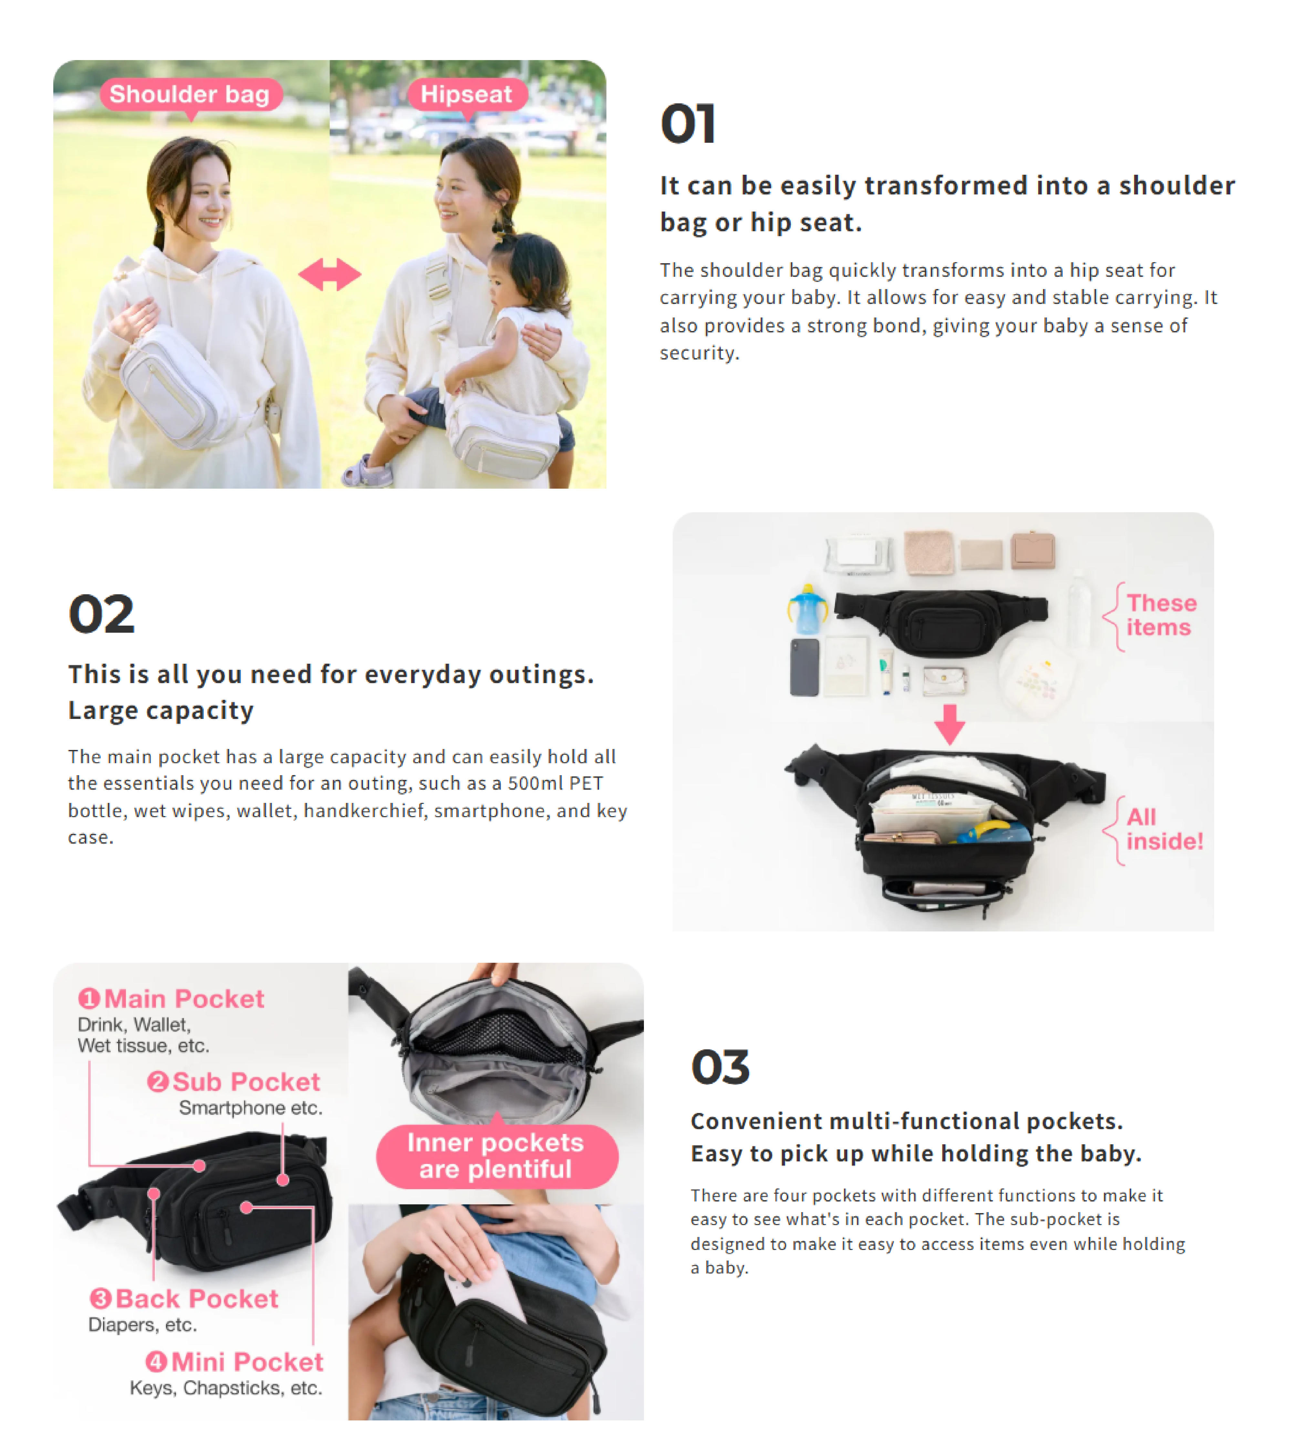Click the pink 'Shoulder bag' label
coord(190,94)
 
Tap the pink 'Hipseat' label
coord(466,94)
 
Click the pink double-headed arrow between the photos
coord(329,274)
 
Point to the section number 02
coord(101,614)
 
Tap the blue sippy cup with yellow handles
coord(807,608)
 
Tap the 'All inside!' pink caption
coord(1164,828)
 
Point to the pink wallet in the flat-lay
coord(1033,550)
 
